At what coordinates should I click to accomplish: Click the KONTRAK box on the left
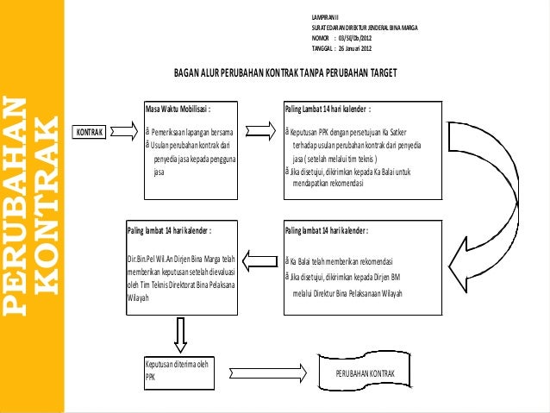click(x=89, y=132)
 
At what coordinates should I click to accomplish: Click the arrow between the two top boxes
click(x=266, y=132)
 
